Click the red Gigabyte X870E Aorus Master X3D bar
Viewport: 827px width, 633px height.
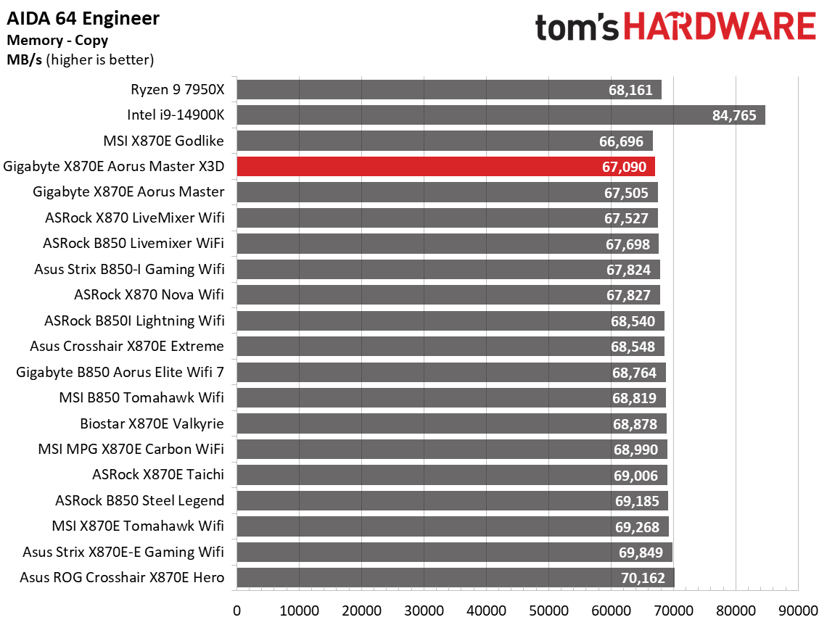[x=446, y=167]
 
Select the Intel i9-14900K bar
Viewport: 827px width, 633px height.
[x=501, y=115]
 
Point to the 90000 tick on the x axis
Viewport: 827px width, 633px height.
[x=799, y=611]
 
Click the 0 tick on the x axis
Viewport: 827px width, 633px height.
[x=237, y=611]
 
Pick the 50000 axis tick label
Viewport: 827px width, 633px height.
[x=548, y=611]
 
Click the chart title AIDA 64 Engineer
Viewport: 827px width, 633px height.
[x=83, y=18]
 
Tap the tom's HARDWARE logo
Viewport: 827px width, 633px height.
[x=675, y=27]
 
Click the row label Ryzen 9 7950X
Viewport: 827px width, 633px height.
[x=177, y=90]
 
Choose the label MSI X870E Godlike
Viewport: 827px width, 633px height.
[x=164, y=141]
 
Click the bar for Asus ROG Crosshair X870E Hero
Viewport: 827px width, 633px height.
[x=455, y=578]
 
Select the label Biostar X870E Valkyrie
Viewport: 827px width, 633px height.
[x=152, y=423]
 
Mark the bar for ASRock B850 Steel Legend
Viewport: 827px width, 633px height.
[x=451, y=501]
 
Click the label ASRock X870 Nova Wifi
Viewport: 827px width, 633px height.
[x=149, y=295]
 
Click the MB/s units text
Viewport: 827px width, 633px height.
[x=23, y=59]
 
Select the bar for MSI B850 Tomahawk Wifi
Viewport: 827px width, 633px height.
[x=450, y=398]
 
